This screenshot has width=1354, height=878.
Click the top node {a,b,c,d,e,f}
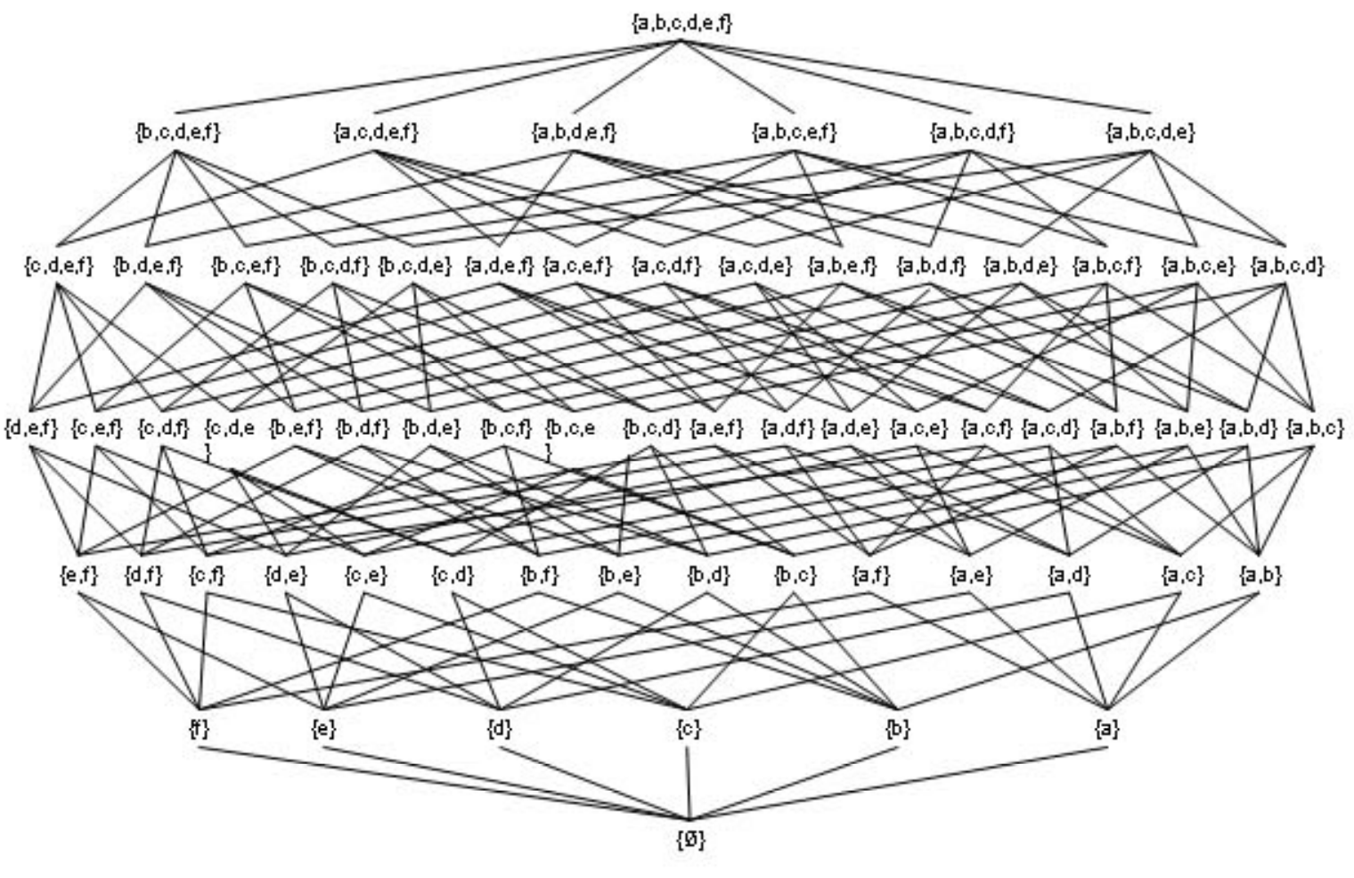[x=681, y=23]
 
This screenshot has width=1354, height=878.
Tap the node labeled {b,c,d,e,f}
[x=178, y=132]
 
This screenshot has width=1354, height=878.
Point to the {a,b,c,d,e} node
[x=1150, y=132]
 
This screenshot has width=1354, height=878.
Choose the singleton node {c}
[x=689, y=729]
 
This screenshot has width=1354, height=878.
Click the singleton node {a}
[x=1106, y=729]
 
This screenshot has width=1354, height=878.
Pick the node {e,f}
[x=78, y=574]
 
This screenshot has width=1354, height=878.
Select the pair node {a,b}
[x=1260, y=574]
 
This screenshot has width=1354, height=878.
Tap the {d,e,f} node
[x=31, y=428]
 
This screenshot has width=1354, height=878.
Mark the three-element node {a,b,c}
[x=1315, y=428]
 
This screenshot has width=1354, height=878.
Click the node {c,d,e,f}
[x=59, y=265]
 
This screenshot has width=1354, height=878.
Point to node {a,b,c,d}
[x=1287, y=265]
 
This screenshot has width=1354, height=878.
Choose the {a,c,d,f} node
[x=666, y=265]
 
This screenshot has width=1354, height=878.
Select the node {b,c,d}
[x=652, y=428]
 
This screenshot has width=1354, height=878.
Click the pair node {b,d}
[x=708, y=574]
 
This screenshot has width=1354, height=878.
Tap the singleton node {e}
[x=323, y=729]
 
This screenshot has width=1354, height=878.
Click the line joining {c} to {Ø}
[x=689, y=784]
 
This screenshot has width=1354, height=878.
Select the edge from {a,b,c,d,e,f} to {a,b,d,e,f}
[x=627, y=77]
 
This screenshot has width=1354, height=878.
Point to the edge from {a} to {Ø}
[x=899, y=784]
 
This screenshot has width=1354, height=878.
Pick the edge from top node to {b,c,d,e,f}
[x=429, y=77]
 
